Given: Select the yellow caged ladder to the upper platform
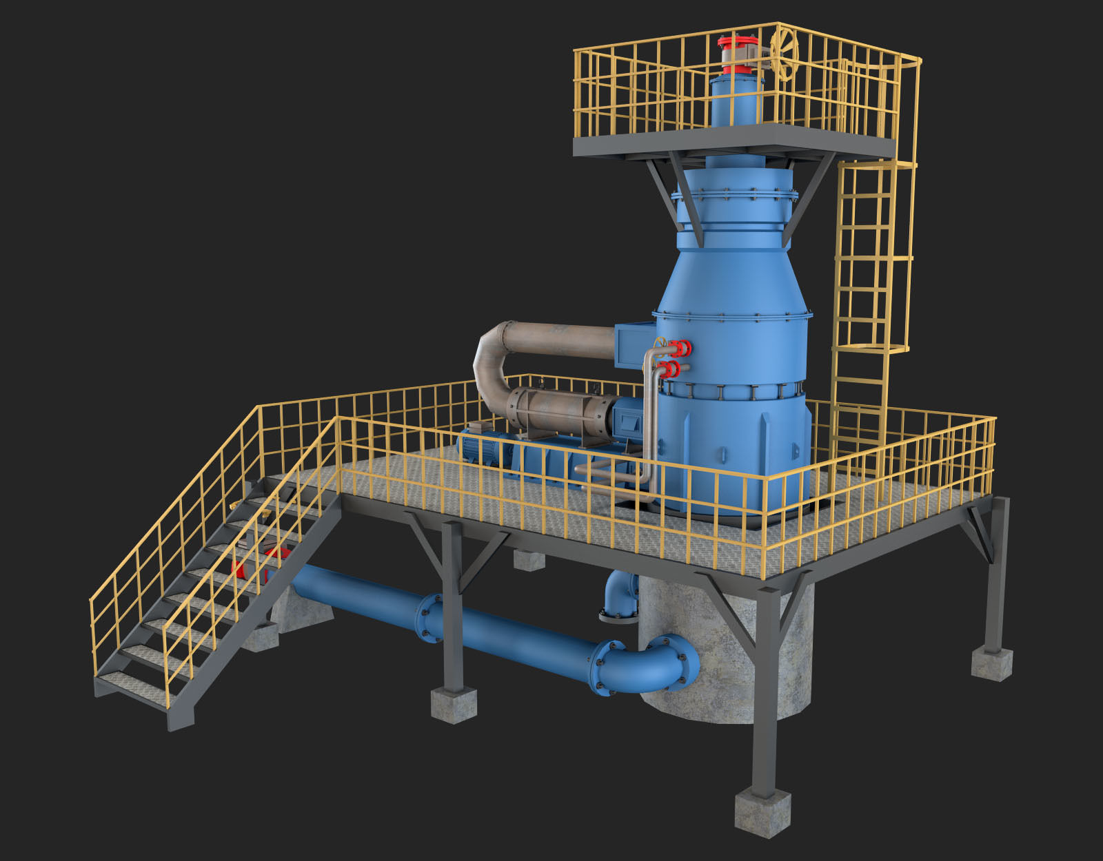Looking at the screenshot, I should click(x=870, y=276).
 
